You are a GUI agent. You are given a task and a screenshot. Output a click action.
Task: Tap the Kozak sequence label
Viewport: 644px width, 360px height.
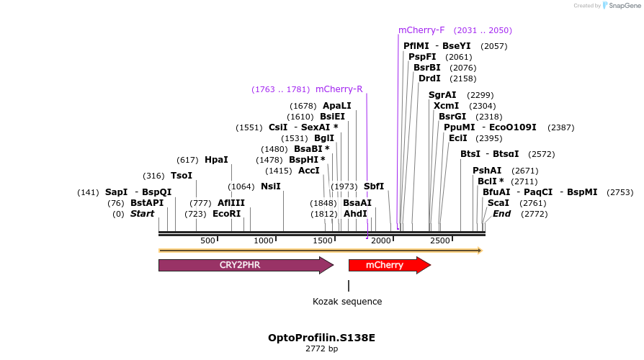pos(347,302)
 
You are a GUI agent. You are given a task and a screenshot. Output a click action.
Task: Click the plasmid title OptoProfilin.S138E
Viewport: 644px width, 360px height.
pos(321,337)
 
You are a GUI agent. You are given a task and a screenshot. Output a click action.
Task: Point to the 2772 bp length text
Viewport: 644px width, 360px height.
pos(321,348)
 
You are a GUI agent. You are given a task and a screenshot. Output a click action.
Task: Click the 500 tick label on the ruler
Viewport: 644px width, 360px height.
pos(207,240)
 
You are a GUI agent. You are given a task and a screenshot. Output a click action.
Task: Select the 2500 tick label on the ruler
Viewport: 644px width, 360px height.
pos(439,240)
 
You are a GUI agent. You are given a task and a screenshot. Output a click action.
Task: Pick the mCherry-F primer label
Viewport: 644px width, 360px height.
pos(421,30)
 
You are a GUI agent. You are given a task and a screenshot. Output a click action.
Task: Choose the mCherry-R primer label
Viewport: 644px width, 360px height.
pos(339,89)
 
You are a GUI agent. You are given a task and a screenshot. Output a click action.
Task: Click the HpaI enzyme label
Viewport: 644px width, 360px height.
pos(216,160)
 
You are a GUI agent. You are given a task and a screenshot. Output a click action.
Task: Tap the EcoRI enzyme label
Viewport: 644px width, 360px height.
pos(226,214)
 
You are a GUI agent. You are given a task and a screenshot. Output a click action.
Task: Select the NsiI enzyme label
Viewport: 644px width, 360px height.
pos(271,186)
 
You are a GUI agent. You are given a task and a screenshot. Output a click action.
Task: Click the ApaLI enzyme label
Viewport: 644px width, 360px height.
pos(336,106)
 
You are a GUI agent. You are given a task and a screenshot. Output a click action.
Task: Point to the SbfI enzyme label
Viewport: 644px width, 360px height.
pos(374,186)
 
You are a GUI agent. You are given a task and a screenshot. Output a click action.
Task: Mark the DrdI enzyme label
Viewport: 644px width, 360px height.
pos(429,78)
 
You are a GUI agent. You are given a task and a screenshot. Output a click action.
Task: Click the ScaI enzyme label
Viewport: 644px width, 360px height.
pos(498,203)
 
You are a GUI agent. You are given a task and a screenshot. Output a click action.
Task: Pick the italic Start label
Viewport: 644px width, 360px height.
pos(142,214)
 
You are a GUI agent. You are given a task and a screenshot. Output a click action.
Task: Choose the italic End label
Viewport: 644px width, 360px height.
pos(501,214)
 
